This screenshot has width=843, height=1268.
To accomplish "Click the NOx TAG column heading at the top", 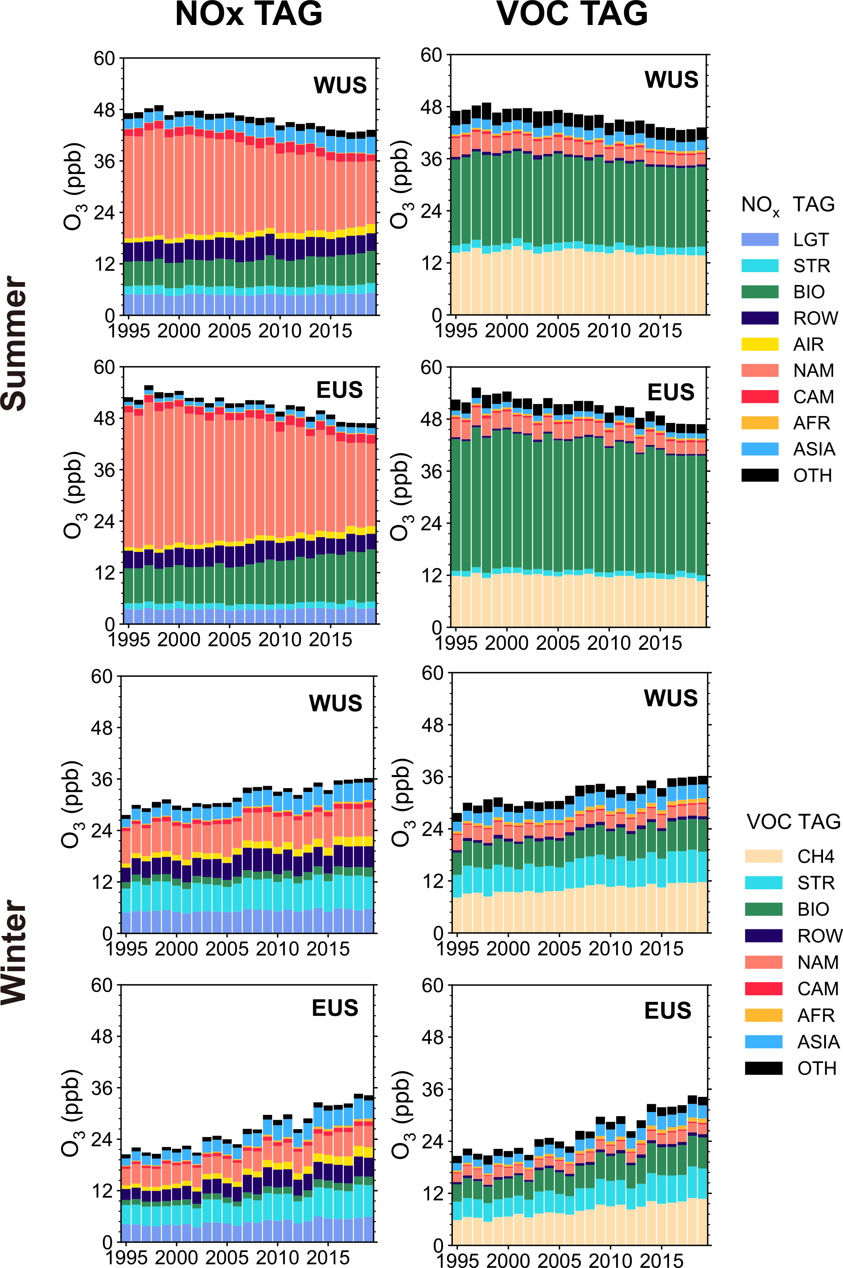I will [249, 14].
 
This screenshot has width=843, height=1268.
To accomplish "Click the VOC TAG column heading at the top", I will [572, 14].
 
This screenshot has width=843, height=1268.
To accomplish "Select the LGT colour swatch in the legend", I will [759, 239].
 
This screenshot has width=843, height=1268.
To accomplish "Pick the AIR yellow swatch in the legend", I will [759, 344].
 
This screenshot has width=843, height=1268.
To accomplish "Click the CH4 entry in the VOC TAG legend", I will [815, 856].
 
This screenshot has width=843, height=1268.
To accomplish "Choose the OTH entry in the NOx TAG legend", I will [812, 475].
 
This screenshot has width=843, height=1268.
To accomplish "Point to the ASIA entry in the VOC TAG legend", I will [818, 1042].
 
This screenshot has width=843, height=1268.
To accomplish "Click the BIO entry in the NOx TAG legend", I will [809, 292].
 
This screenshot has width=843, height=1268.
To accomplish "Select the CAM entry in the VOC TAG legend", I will [817, 988].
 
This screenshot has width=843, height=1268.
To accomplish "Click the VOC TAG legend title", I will [793, 821].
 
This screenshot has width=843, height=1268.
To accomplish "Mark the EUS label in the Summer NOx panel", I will [339, 390].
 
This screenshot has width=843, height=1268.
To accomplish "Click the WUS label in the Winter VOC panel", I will [670, 698].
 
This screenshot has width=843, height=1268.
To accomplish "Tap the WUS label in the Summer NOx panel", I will [340, 85].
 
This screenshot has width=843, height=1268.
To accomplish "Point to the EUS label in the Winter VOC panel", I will [668, 1010].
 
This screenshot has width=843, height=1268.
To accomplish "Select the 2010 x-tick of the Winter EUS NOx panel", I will [278, 1257].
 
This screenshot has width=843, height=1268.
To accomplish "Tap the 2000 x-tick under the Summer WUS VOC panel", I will [506, 330].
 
